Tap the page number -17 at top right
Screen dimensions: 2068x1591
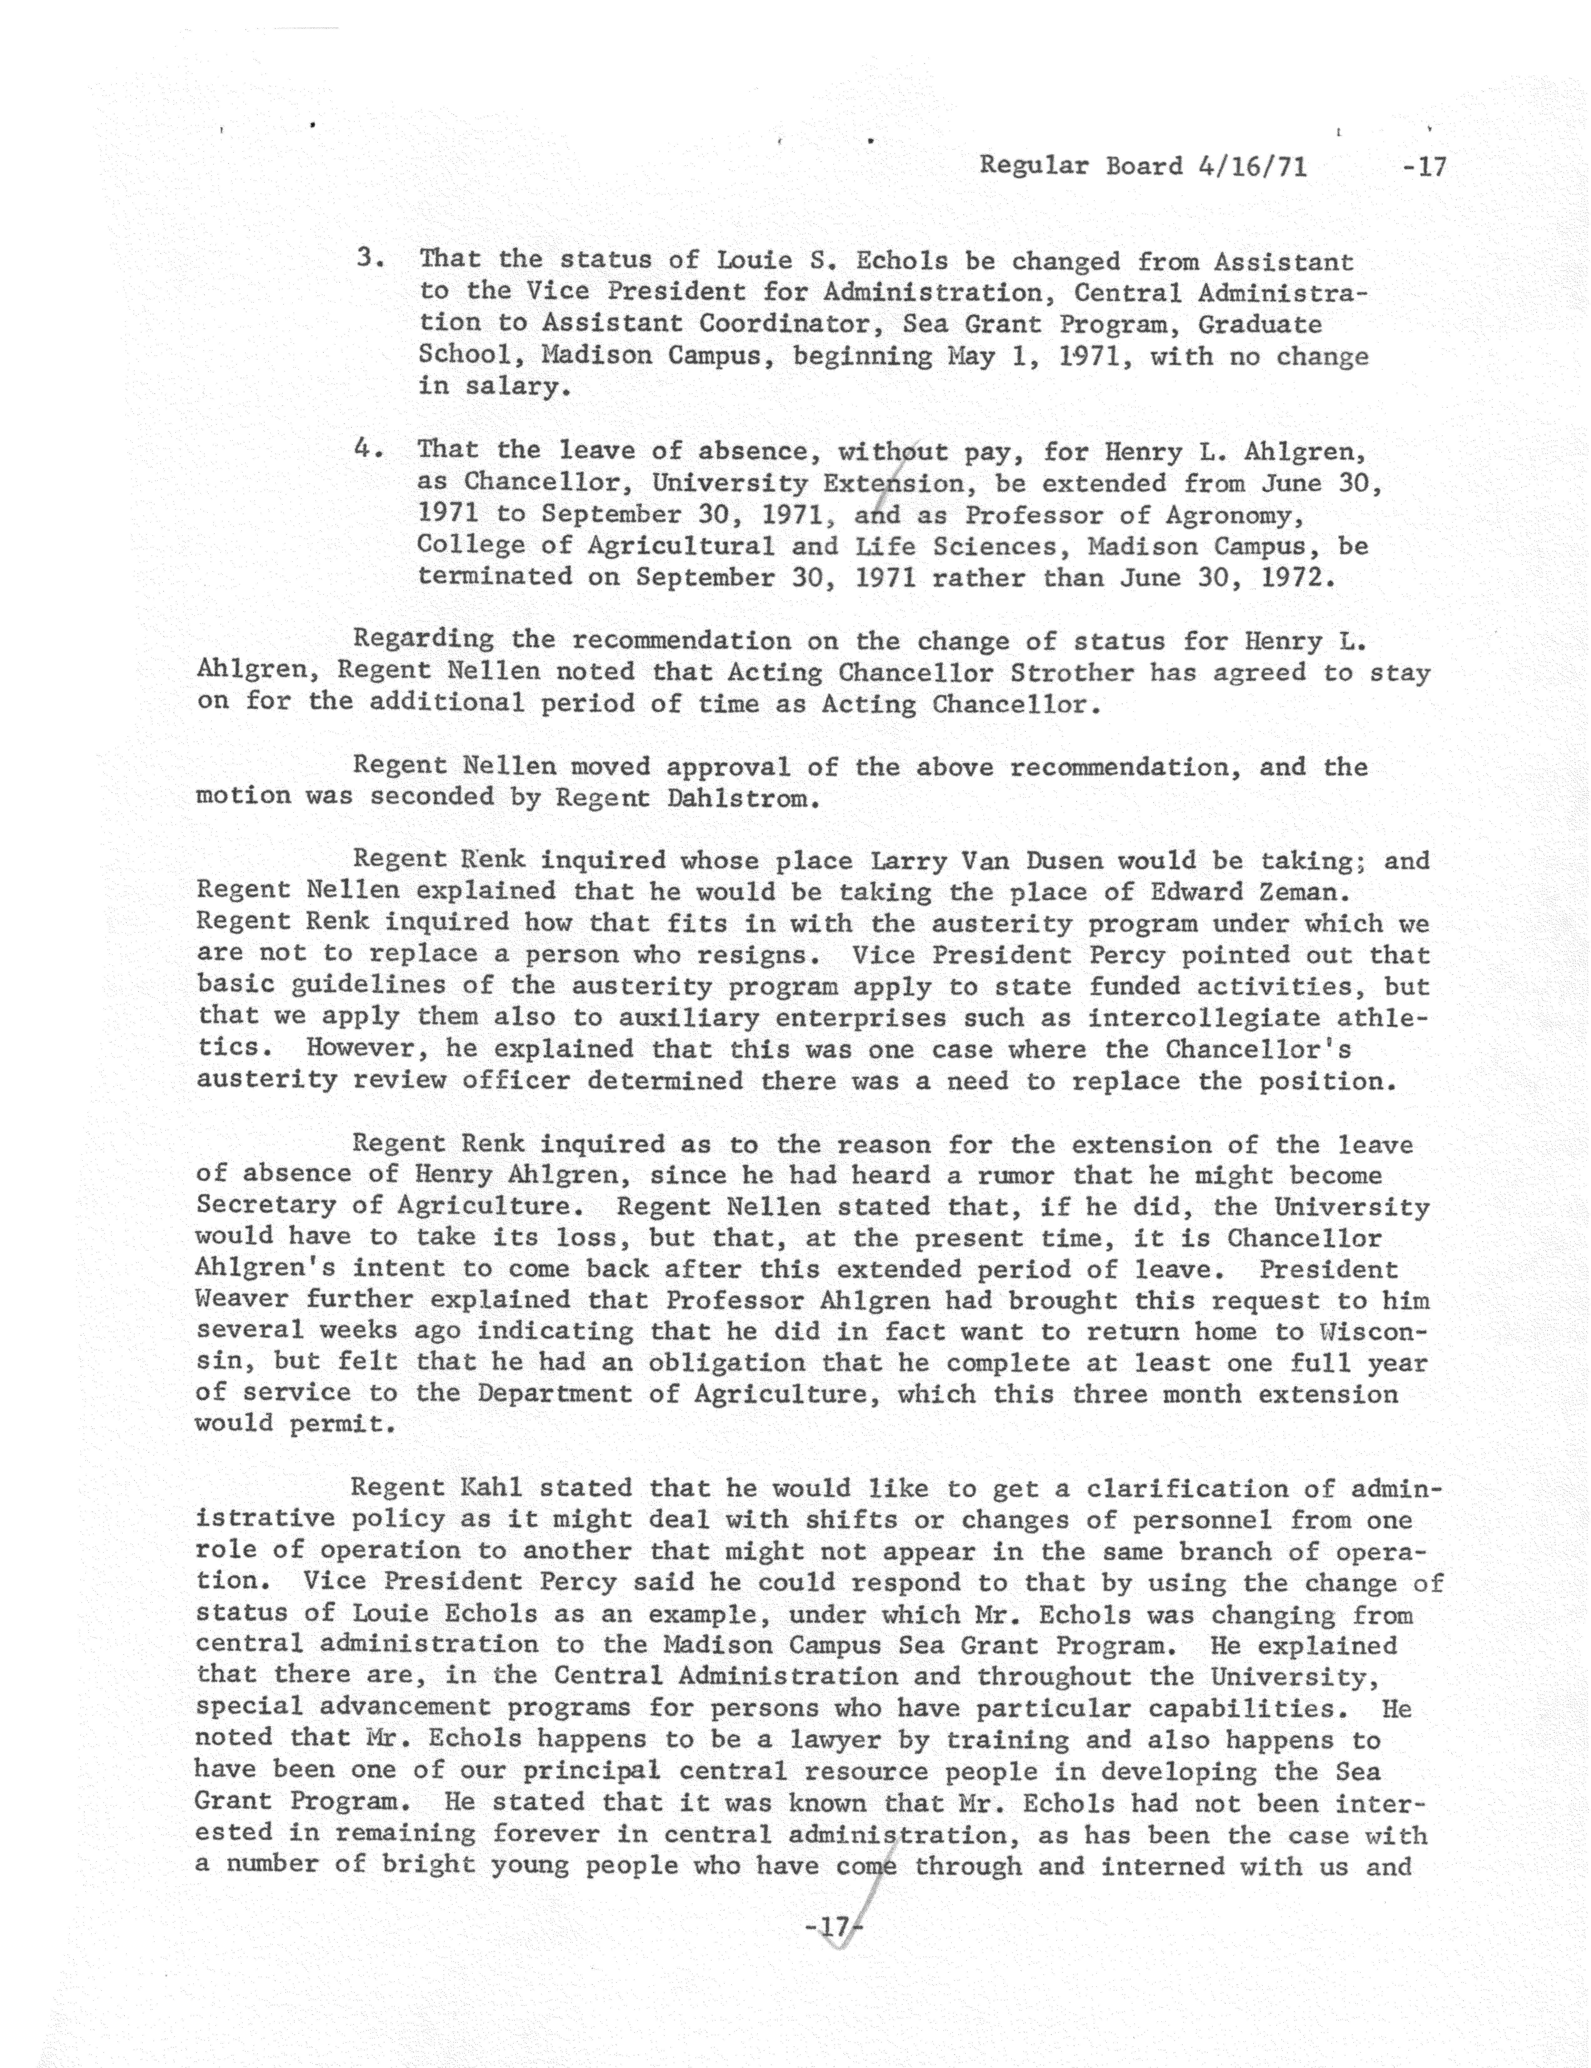[x=1425, y=167]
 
